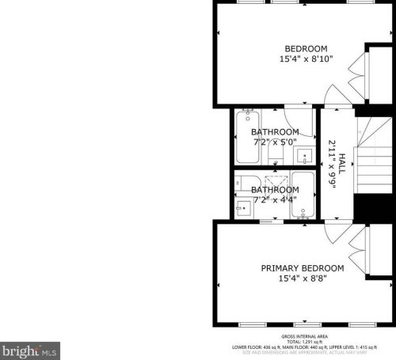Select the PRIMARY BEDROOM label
pyautogui.click(x=303, y=268)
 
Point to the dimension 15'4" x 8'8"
pyautogui.click(x=303, y=279)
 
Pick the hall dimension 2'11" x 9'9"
pyautogui.click(x=332, y=164)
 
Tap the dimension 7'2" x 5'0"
pyautogui.click(x=275, y=142)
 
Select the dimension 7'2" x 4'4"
pyautogui.click(x=275, y=200)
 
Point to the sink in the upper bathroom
pyautogui.click(x=305, y=156)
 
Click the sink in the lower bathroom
pyautogui.click(x=244, y=207)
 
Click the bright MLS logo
pyautogui.click(x=30, y=349)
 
